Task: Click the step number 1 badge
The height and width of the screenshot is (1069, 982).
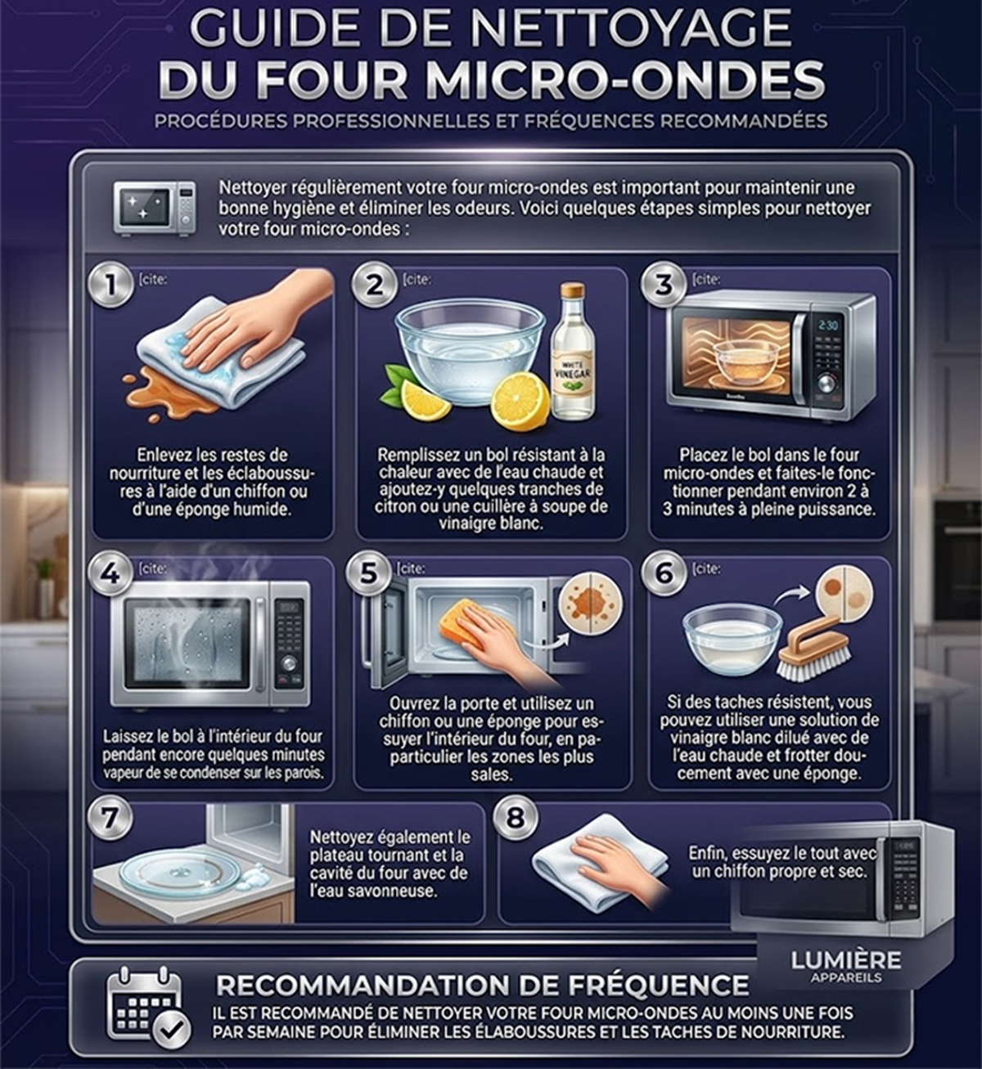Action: (111, 285)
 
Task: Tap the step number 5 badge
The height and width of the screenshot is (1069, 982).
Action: (369, 574)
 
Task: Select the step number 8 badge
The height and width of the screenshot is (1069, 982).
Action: (515, 817)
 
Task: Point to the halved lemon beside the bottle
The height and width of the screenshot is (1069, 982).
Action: (520, 400)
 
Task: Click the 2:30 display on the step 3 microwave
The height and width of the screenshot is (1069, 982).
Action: (828, 325)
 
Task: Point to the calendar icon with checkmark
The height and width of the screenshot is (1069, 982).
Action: (148, 1008)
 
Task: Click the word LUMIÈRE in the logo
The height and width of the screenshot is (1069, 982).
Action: (845, 960)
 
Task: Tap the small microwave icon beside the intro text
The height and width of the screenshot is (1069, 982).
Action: (154, 209)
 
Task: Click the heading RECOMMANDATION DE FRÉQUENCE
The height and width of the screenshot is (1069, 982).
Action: (482, 986)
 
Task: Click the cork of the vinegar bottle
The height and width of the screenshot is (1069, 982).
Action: (572, 291)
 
